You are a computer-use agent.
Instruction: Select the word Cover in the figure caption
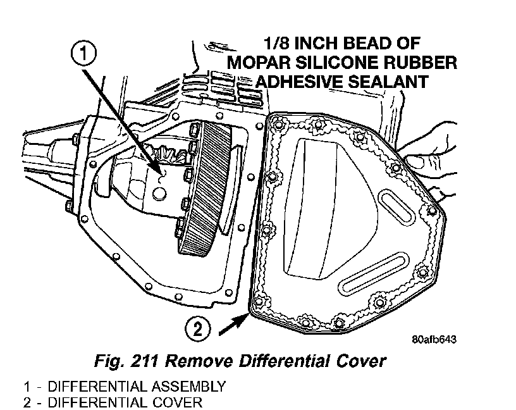(x=360, y=361)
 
